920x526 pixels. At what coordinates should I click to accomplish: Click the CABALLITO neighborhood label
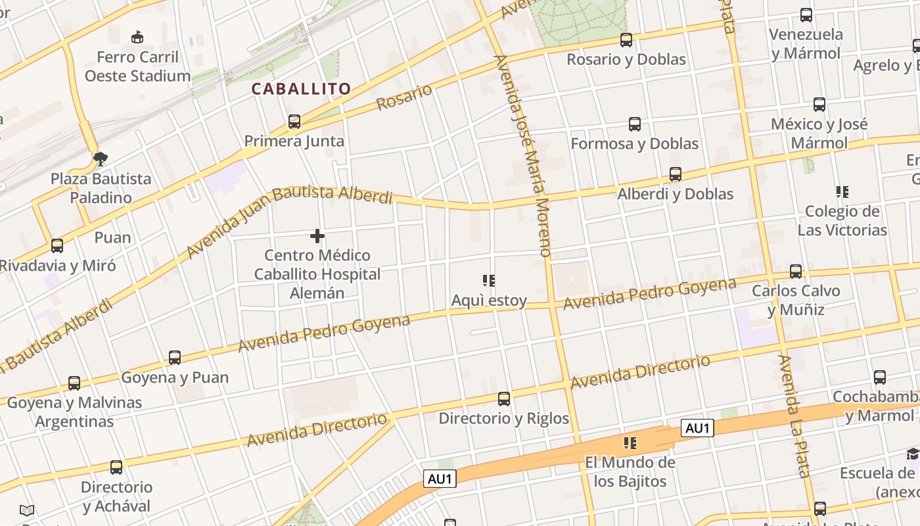tap(301, 89)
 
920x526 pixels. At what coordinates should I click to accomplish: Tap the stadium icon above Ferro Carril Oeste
tap(137, 37)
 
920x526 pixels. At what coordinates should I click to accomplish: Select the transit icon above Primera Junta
tap(294, 122)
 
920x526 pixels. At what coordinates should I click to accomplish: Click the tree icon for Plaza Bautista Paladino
tap(101, 158)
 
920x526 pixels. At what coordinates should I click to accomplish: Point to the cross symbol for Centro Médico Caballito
tap(317, 235)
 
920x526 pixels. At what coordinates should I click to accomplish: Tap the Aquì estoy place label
tap(489, 300)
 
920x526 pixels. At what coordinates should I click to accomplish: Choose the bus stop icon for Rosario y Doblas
tap(626, 40)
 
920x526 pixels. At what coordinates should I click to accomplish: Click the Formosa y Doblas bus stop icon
tap(635, 124)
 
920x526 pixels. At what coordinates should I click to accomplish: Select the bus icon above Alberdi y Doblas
tap(676, 174)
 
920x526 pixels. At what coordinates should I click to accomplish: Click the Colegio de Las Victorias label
tap(842, 221)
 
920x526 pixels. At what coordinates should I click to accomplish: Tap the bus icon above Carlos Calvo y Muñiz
tap(796, 272)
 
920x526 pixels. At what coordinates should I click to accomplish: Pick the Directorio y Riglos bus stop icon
tap(504, 399)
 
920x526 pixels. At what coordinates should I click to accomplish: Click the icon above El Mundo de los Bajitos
tap(630, 443)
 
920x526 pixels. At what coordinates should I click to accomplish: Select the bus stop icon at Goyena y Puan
tap(175, 358)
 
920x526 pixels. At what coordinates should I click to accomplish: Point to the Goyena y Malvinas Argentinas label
tap(74, 412)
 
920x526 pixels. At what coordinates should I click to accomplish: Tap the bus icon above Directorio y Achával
tap(116, 467)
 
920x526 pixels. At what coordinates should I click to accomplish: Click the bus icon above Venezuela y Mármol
tap(806, 15)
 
